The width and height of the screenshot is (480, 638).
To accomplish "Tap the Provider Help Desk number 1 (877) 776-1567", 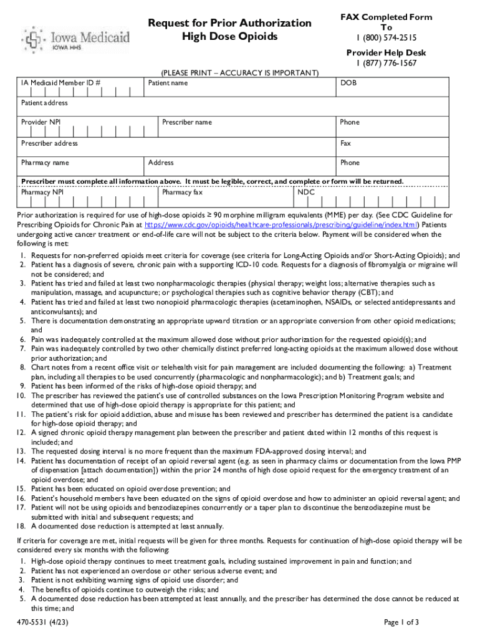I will coord(386,63).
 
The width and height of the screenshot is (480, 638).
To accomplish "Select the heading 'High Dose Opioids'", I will coord(229,37).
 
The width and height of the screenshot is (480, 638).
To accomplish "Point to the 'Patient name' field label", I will coord(168,83).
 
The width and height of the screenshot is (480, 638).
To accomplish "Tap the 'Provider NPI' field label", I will coord(41,122).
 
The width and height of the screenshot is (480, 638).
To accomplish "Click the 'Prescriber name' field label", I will coord(187,122).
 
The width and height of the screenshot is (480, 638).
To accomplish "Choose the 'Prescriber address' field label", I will coord(49,143).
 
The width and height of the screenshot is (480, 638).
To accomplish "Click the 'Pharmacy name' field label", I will coord(45,163).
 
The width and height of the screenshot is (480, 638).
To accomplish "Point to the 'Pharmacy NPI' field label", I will coord(42,193).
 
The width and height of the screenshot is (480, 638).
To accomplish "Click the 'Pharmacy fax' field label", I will coord(182,193).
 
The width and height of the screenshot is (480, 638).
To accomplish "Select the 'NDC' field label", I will coord(306,193).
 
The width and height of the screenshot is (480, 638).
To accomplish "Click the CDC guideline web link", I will coord(281,224).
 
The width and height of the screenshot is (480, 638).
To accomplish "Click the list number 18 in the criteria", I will coord(20,526).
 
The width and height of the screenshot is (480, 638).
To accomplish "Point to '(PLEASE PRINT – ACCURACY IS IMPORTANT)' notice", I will coord(240,73).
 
